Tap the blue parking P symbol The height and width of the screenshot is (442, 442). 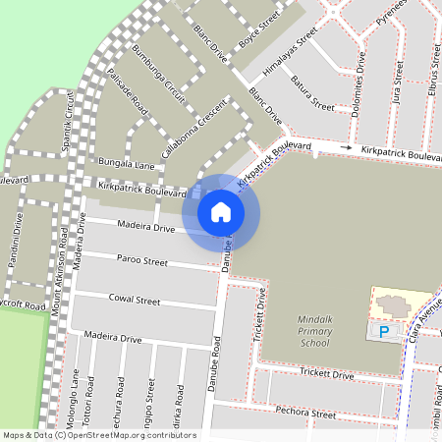pos(383,333)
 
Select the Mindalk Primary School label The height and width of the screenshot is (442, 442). pos(328,332)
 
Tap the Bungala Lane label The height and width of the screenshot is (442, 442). pos(126,161)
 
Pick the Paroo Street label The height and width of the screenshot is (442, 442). pos(142,262)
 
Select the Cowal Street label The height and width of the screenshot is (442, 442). pos(135,299)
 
